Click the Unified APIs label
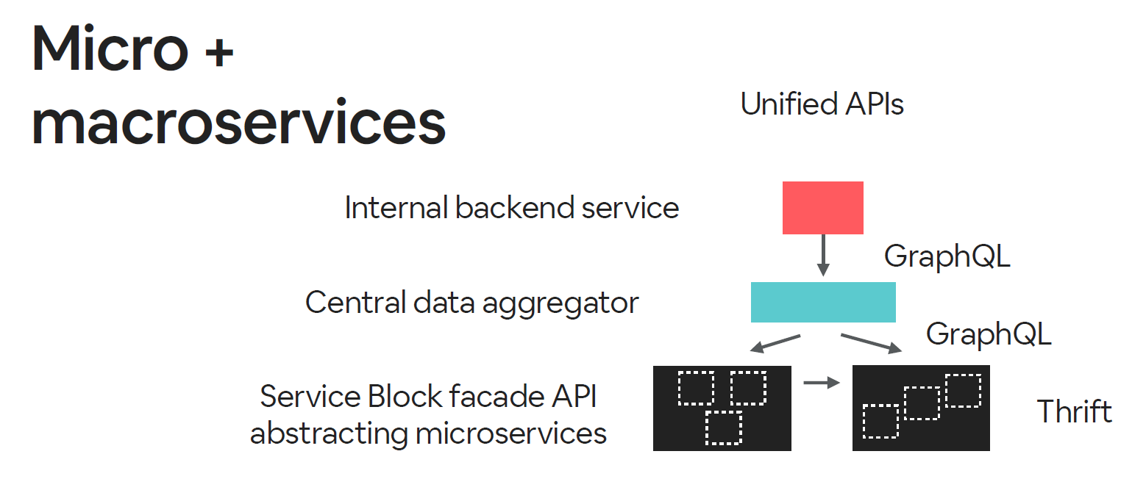tap(822, 104)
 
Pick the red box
tap(822, 208)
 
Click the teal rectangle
tap(822, 302)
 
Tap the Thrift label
tap(1074, 411)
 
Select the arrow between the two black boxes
tap(822, 382)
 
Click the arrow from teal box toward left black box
tap(774, 344)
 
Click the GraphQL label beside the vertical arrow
tap(947, 256)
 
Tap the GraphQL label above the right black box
tap(989, 334)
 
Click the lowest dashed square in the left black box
tap(724, 428)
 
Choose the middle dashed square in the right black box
tap(922, 403)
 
